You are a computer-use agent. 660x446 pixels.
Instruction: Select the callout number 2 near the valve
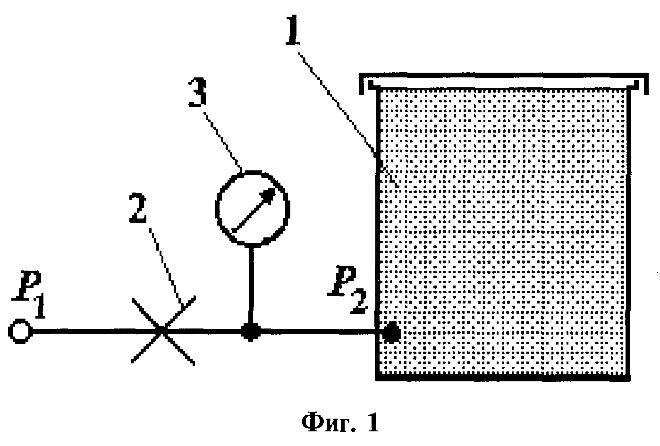(138, 208)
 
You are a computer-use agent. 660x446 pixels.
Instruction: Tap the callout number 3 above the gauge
(197, 92)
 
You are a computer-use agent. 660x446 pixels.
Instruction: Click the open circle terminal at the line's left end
(20, 331)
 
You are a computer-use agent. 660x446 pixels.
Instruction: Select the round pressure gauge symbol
(253, 207)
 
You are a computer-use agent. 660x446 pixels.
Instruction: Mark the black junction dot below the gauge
(250, 332)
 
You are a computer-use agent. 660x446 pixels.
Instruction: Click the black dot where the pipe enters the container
(391, 332)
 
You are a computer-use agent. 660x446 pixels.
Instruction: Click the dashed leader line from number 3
(223, 143)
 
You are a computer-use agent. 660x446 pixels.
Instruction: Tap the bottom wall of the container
(503, 377)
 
